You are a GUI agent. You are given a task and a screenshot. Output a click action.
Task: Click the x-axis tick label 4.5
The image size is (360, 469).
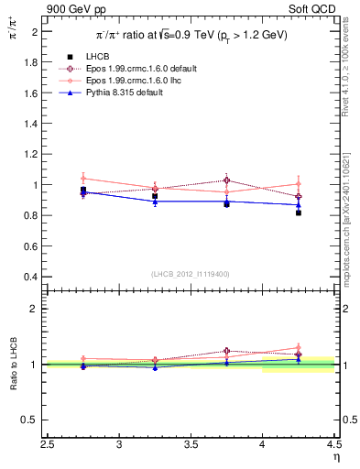333,446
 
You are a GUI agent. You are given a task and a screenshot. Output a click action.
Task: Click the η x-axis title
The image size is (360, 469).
335,458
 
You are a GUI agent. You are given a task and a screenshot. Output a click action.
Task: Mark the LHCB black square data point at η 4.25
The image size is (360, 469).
299,213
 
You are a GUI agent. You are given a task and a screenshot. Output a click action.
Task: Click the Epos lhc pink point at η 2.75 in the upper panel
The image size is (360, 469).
83,178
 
